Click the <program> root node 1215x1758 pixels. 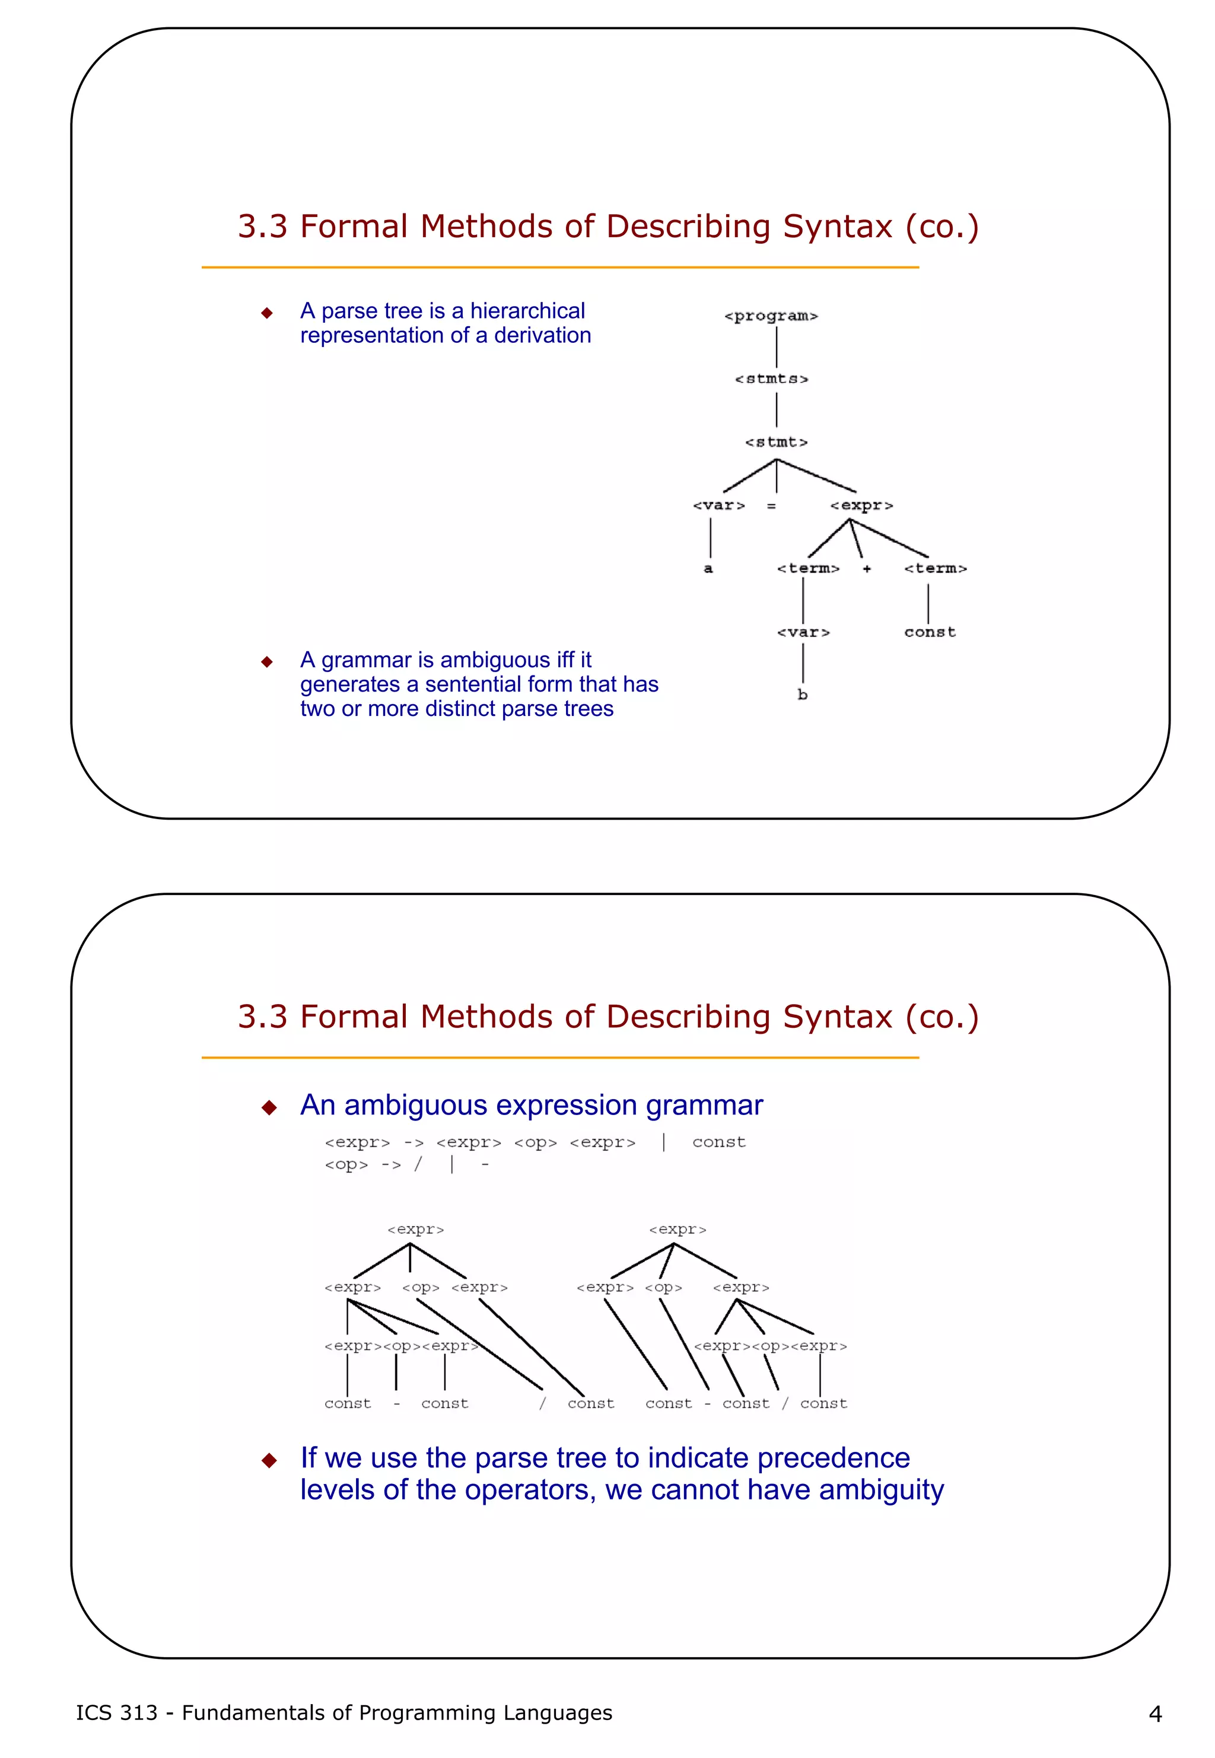(x=771, y=316)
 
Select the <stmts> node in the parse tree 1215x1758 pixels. (x=771, y=379)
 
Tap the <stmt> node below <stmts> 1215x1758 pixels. (x=776, y=442)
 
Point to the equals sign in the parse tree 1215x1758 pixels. (x=771, y=506)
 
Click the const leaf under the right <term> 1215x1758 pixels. (x=930, y=632)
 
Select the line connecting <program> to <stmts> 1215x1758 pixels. (x=777, y=347)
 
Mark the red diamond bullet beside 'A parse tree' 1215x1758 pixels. (x=266, y=313)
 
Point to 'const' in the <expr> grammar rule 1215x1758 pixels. (x=718, y=1142)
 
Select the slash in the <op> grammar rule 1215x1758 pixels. (x=418, y=1164)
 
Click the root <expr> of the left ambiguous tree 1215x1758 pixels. (x=415, y=1230)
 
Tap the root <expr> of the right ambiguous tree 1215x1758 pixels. (x=678, y=1230)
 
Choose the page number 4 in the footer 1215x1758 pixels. (x=1155, y=1714)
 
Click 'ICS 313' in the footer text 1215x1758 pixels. (x=116, y=1713)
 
